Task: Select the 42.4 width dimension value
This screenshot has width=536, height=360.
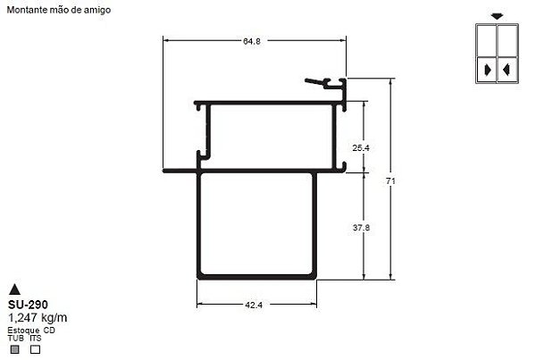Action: point(254,306)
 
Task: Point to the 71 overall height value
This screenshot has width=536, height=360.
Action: point(390,180)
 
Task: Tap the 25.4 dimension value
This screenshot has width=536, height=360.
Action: point(361,147)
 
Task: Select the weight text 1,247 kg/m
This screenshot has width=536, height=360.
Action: point(37,317)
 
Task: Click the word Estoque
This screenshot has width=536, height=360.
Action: point(23,330)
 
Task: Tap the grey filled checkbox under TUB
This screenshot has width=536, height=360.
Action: point(13,349)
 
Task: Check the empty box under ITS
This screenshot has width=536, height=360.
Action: point(35,349)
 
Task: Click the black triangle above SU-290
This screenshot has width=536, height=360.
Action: point(14,289)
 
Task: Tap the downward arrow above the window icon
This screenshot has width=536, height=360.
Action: point(496,16)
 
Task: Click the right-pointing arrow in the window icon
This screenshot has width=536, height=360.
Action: point(487,69)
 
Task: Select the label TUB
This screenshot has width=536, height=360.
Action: point(15,338)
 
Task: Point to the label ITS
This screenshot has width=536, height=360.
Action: point(35,338)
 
